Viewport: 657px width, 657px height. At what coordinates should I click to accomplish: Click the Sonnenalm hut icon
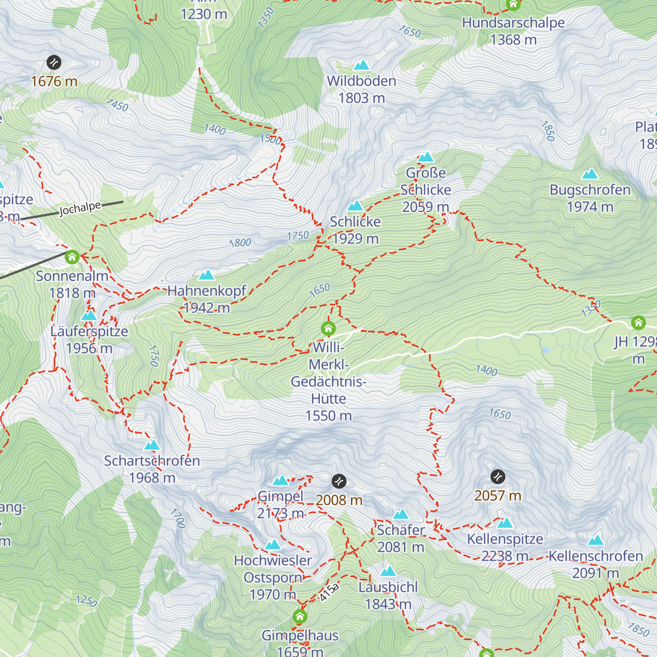click(72, 256)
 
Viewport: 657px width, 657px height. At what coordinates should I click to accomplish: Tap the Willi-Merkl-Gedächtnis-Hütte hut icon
click(328, 328)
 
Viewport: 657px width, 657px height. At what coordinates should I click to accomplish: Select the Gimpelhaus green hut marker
click(299, 617)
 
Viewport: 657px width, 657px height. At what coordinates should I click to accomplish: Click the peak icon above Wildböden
click(361, 66)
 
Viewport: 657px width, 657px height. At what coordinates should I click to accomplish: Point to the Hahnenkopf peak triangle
click(206, 275)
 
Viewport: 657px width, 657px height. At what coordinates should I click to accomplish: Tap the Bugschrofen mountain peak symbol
click(590, 174)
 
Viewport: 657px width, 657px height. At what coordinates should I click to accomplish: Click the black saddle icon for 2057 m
click(497, 477)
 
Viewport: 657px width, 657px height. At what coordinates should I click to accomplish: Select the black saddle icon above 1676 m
click(54, 62)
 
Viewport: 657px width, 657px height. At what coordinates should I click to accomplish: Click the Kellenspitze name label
click(505, 539)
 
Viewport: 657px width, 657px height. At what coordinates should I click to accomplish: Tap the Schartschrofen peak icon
click(152, 445)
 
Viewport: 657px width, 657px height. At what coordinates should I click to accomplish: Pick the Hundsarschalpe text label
click(513, 23)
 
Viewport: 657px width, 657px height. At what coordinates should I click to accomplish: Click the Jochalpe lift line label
click(80, 209)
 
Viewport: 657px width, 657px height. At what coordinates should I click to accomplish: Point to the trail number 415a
click(329, 592)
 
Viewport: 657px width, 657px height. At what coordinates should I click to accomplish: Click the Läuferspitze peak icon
click(89, 316)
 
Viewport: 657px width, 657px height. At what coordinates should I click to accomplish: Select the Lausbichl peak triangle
click(388, 572)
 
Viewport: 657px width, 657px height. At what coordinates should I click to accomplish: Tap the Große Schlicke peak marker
click(426, 158)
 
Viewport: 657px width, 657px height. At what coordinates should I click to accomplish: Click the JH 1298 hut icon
click(638, 322)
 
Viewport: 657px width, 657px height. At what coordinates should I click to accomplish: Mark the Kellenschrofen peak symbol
click(595, 540)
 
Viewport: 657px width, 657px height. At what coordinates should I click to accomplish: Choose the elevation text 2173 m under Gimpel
click(280, 514)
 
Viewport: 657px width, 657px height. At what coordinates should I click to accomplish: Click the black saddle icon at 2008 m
click(339, 481)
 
